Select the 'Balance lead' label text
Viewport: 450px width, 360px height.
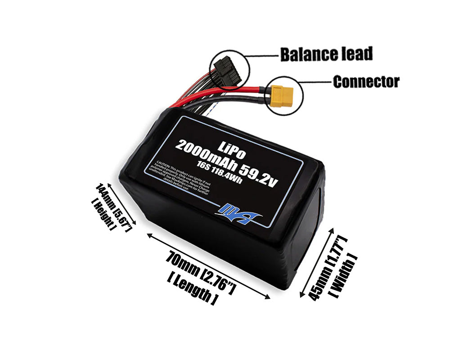click(326, 54)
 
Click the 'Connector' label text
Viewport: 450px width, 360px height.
click(366, 81)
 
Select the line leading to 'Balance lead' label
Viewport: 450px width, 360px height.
click(263, 56)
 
